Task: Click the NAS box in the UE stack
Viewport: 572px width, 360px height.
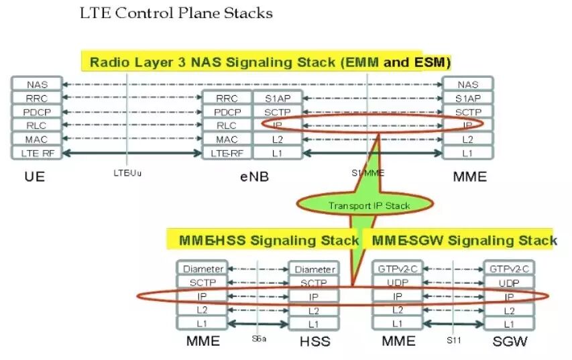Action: pyautogui.click(x=36, y=84)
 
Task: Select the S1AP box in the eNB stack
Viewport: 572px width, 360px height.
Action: pyautogui.click(x=277, y=99)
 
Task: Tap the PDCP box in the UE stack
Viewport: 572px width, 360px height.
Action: pyautogui.click(x=36, y=112)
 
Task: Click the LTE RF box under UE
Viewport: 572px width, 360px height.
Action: pyautogui.click(x=36, y=153)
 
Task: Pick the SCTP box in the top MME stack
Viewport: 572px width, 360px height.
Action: pyautogui.click(x=468, y=112)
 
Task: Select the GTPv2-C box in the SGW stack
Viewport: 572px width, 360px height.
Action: pyautogui.click(x=509, y=269)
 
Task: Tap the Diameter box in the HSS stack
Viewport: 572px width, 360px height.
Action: pyautogui.click(x=314, y=269)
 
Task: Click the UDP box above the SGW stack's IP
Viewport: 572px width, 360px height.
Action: pyautogui.click(x=509, y=283)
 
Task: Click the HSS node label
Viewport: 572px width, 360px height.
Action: pyautogui.click(x=314, y=341)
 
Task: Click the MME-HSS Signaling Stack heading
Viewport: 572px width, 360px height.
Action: pyautogui.click(x=268, y=240)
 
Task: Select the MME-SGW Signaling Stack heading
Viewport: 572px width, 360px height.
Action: pyautogui.click(x=463, y=240)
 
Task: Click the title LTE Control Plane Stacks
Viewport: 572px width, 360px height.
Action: pyautogui.click(x=176, y=13)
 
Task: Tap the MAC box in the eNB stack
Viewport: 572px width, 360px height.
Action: pyautogui.click(x=227, y=139)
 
